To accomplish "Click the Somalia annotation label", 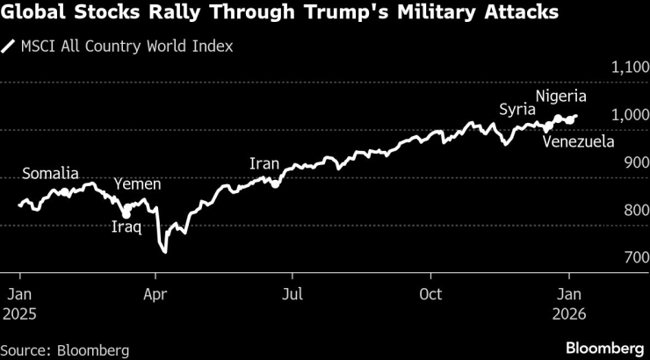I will point(50,173).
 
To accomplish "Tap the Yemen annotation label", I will point(138,184).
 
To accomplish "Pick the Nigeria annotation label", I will point(561,96).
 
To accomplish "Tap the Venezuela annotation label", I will point(577,140).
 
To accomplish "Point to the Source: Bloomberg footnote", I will point(65,349).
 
